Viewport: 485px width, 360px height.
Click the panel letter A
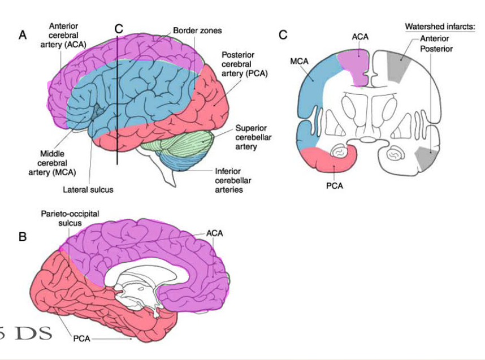[x=23, y=35]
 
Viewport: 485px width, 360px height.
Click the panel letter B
[x=23, y=237]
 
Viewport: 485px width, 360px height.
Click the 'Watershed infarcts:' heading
[x=440, y=27]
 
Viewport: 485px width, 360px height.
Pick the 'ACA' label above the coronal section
[x=360, y=37]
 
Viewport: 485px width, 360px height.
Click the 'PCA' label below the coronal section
[x=335, y=185]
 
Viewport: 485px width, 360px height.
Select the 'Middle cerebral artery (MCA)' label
[x=51, y=163]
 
